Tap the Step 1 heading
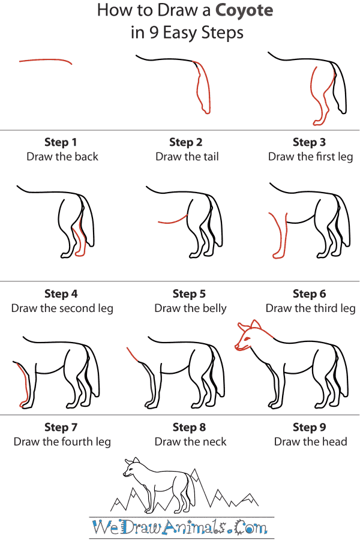click(61, 142)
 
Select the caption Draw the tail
click(187, 157)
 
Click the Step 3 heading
click(309, 142)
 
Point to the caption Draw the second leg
click(62, 308)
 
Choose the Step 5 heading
click(189, 294)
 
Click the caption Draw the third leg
click(310, 308)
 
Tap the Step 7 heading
click(61, 427)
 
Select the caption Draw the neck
click(190, 442)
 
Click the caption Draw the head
click(310, 442)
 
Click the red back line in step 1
click(45, 60)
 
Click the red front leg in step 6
click(278, 237)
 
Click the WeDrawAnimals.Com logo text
click(181, 529)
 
